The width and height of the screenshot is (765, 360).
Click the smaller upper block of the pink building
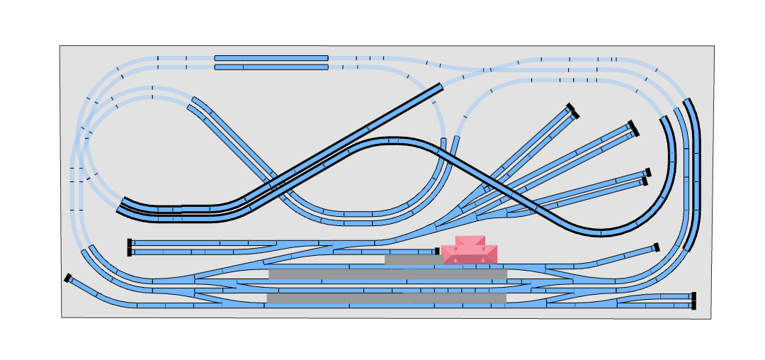470,241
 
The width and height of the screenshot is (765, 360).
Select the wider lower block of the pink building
470,255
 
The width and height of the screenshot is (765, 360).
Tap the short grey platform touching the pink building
414,260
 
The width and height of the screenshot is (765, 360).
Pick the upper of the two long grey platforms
387,274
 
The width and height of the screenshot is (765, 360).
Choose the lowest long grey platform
386,298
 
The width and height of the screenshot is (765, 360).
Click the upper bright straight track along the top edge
271,58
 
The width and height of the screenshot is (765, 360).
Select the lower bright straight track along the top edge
271,67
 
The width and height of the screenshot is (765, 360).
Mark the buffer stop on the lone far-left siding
68,278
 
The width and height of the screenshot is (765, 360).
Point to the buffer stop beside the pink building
437,251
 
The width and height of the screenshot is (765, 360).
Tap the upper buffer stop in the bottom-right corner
693,296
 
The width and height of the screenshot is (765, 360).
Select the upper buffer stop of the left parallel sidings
130,243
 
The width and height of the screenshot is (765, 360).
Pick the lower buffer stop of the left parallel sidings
130,252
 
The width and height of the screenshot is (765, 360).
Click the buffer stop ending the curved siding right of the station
657,247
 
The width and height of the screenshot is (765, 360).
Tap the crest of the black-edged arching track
390,140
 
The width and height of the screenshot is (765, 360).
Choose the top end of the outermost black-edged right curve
688,102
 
